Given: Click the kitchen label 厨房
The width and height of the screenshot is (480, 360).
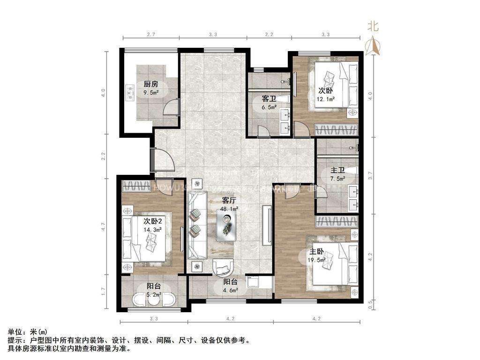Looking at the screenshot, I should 150,84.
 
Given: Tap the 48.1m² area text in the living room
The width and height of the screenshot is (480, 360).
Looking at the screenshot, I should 230,209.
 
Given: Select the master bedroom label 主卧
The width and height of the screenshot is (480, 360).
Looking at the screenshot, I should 316,253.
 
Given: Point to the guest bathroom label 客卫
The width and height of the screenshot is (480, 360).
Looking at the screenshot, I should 269,99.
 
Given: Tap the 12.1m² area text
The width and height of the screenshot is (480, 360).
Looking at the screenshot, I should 326,99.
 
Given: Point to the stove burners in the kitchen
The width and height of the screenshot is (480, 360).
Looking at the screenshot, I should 129,93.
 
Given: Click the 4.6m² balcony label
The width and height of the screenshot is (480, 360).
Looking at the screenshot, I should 230,290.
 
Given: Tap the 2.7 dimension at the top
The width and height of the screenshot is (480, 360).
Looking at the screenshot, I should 151,35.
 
